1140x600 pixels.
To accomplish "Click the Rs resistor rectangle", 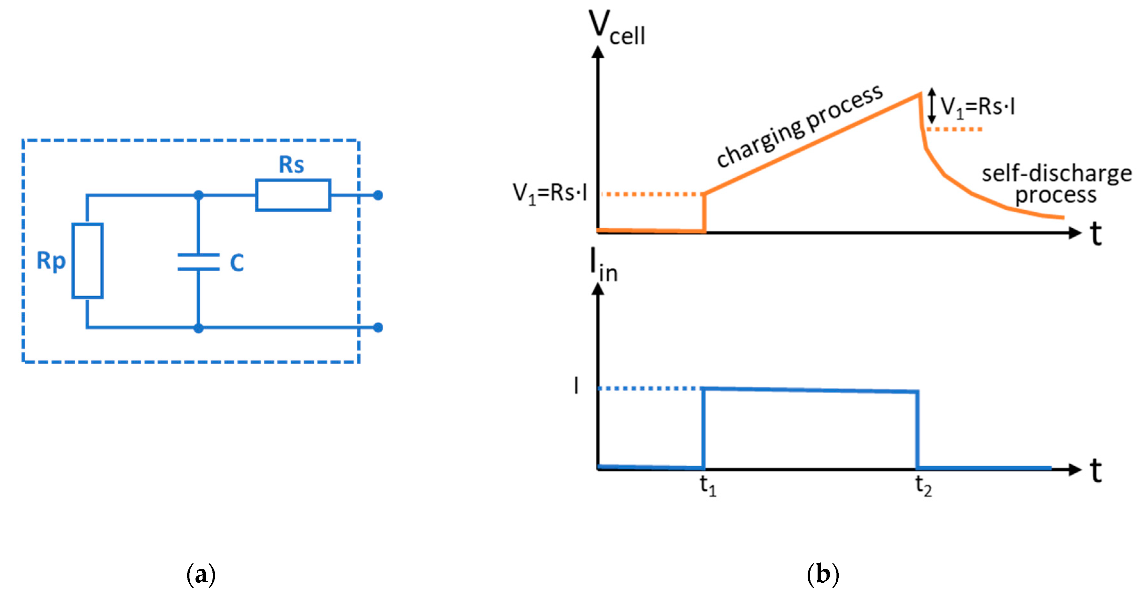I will pyautogui.click(x=293, y=195).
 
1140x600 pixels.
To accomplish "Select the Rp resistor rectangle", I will pyautogui.click(x=87, y=260).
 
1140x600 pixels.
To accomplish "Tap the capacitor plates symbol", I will pyautogui.click(x=198, y=262).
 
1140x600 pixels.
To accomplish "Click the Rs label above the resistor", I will pyautogui.click(x=291, y=165).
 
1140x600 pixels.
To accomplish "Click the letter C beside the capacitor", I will pyautogui.click(x=237, y=263).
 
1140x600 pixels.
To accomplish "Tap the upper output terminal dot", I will pyautogui.click(x=378, y=195).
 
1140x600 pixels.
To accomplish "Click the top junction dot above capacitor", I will pyautogui.click(x=198, y=195).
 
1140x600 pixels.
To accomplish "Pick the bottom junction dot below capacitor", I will pyautogui.click(x=198, y=328).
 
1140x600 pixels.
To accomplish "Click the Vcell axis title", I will pyautogui.click(x=616, y=28).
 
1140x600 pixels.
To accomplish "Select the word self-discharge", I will pyautogui.click(x=1056, y=173).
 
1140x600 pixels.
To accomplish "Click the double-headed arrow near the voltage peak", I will pyautogui.click(x=932, y=106).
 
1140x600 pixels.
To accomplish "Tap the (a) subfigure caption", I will pyautogui.click(x=201, y=574).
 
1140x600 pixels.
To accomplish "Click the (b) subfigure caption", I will pyautogui.click(x=823, y=574).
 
